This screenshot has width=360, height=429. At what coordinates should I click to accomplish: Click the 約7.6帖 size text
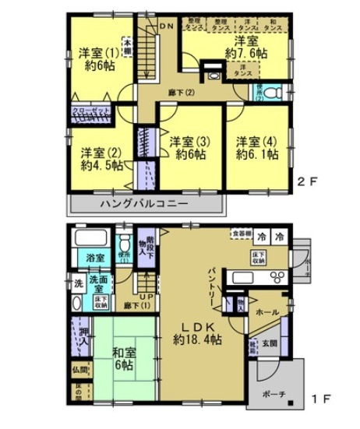click(246, 53)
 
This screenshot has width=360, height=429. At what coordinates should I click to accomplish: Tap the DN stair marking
click(165, 25)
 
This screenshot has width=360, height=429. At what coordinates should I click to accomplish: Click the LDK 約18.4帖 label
click(195, 332)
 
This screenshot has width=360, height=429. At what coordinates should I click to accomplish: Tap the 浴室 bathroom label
click(97, 255)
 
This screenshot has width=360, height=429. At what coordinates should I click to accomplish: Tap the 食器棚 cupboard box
click(240, 233)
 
